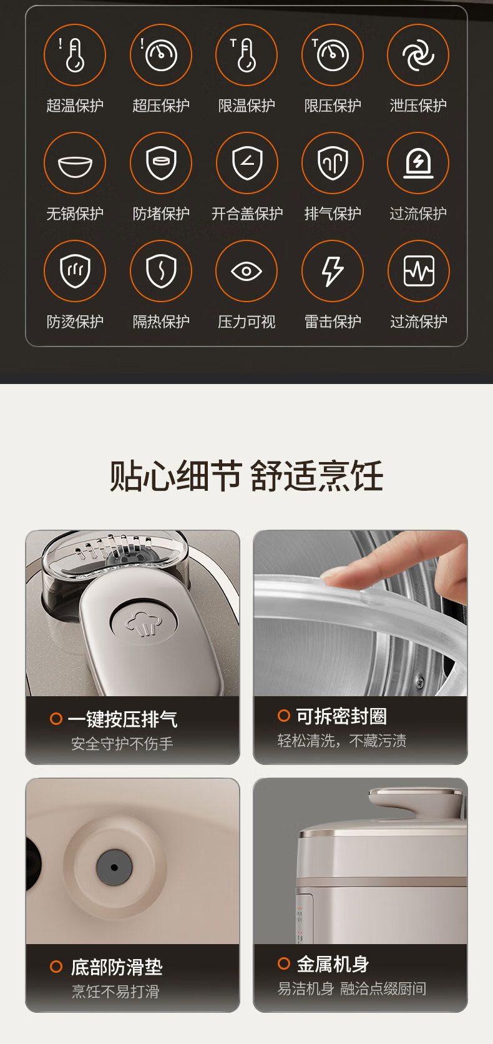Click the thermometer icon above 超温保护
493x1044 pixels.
[x=74, y=55]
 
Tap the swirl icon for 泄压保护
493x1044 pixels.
[x=418, y=55]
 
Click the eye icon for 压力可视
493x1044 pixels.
[x=246, y=271]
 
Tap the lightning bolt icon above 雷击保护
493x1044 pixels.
[x=332, y=271]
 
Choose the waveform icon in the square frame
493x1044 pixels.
[x=419, y=271]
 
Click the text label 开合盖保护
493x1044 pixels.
[x=247, y=214]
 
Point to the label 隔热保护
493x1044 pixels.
[x=161, y=322]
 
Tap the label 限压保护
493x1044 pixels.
[x=332, y=106]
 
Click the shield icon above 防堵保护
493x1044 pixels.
[x=161, y=163]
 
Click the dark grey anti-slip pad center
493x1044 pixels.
[x=114, y=867]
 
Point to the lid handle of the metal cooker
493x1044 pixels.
[x=417, y=800]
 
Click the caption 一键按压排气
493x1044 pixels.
[x=122, y=719]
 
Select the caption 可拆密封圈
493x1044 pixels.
[x=341, y=716]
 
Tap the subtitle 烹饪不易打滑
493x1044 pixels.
[x=115, y=992]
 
